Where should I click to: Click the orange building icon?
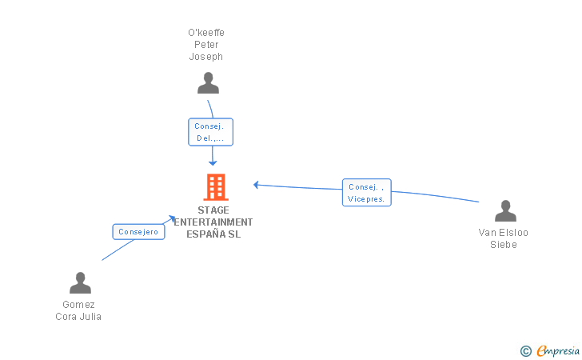(x=215, y=187)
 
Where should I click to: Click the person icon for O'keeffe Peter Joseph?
(x=208, y=83)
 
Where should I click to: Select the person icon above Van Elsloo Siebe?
(x=505, y=211)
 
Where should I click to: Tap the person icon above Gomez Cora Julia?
(x=80, y=283)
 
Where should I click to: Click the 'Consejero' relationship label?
(x=138, y=232)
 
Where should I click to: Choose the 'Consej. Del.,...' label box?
(x=211, y=132)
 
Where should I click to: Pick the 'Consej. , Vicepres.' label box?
(x=367, y=193)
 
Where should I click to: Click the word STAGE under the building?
(x=213, y=210)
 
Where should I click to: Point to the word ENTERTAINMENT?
(x=213, y=222)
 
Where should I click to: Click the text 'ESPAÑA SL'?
(x=213, y=234)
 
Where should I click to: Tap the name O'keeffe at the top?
(x=206, y=33)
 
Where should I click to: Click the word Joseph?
(x=206, y=57)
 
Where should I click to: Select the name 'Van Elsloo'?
(x=504, y=233)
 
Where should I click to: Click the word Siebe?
(x=504, y=245)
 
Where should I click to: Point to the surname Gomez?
(x=78, y=305)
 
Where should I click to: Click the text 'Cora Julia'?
(x=78, y=317)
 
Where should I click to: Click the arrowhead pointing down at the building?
(x=213, y=162)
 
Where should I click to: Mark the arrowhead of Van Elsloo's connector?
(x=257, y=185)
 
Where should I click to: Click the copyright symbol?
(x=525, y=350)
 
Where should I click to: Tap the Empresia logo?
(x=557, y=350)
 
